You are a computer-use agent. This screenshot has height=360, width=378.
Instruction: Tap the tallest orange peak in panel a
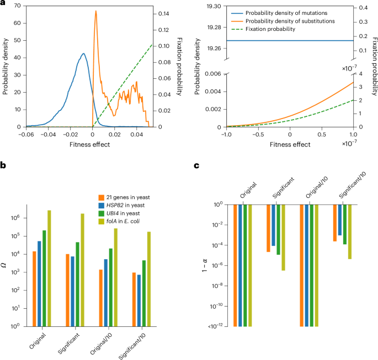click(x=95, y=12)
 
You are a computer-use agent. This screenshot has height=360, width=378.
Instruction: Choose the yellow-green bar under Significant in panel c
click(x=284, y=237)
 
